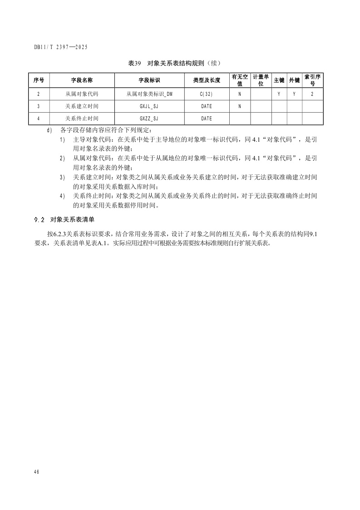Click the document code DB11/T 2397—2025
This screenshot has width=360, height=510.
pos(60,47)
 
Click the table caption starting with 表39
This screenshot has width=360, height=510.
pos(175,63)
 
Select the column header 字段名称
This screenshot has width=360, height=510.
pos(82,80)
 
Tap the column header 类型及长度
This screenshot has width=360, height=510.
pos(207,80)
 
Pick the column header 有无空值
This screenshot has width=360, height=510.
pos(240,80)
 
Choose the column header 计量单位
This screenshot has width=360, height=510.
pos(261,80)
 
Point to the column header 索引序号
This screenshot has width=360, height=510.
pos(312,80)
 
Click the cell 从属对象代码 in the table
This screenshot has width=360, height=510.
pos(82,94)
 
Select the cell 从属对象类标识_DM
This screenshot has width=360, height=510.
pos(149,94)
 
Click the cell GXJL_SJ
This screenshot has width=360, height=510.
pos(149,106)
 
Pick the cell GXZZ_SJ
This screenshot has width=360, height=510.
pos(149,119)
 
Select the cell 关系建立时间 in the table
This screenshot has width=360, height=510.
pos(82,106)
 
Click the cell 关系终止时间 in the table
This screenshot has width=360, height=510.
pos(82,119)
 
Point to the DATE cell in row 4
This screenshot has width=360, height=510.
pos(207,119)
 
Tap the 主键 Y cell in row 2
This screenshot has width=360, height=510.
pos(279,94)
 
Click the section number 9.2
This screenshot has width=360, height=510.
pos(39,220)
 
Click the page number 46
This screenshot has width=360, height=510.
pos(36,472)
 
